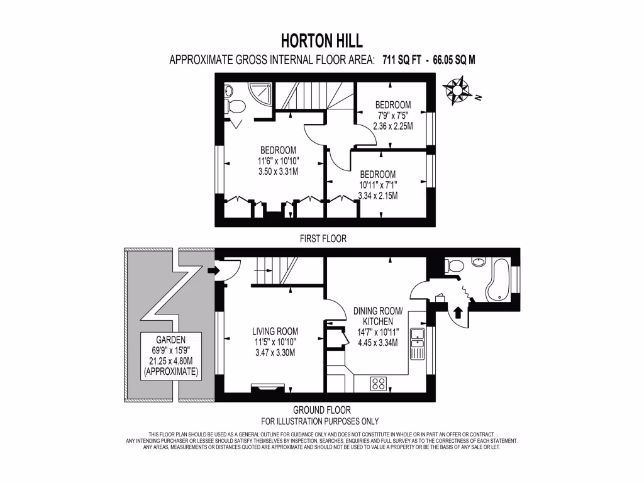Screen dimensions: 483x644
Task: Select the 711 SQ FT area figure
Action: pyautogui.click(x=402, y=60)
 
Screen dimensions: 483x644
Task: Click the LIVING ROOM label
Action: pyautogui.click(x=275, y=331)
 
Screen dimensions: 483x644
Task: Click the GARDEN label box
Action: pyautogui.click(x=171, y=356)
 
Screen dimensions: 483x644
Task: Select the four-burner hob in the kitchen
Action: pyautogui.click(x=379, y=383)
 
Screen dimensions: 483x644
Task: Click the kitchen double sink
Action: pyautogui.click(x=417, y=343)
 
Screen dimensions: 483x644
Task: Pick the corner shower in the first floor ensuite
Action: pyautogui.click(x=262, y=94)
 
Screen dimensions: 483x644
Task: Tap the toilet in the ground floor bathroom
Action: pyautogui.click(x=453, y=266)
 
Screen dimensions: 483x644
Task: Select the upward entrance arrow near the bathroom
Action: pyautogui.click(x=457, y=311)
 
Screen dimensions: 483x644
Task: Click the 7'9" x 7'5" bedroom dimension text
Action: pyautogui.click(x=393, y=115)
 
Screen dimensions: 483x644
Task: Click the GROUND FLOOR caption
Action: pyautogui.click(x=323, y=410)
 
